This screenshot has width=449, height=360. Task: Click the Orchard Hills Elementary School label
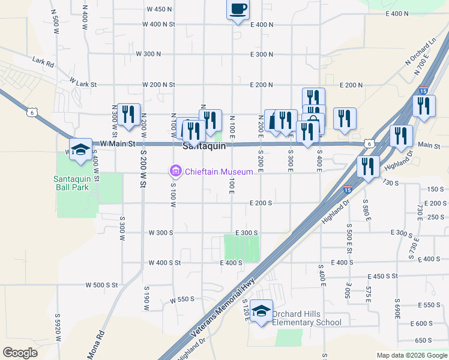[306, 318]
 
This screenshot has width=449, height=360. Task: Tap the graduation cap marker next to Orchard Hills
[262, 311]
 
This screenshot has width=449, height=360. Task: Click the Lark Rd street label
[43, 62]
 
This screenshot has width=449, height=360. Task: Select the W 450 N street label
[159, 9]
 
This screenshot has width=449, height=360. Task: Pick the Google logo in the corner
[20, 353]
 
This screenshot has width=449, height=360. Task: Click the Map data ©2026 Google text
[411, 355]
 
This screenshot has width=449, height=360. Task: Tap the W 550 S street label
[183, 299]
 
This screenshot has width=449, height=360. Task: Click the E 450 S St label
[382, 275]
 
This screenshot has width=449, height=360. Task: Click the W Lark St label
[83, 81]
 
